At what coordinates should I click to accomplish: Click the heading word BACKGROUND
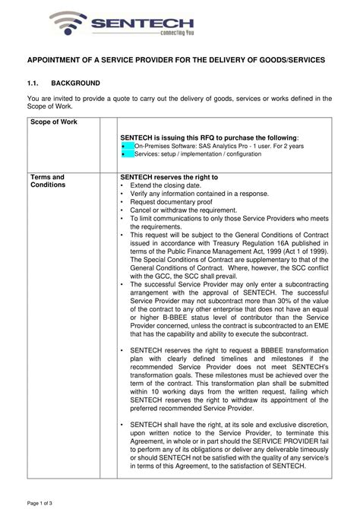point(76,83)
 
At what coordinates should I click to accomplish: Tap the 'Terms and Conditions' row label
point(47,181)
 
